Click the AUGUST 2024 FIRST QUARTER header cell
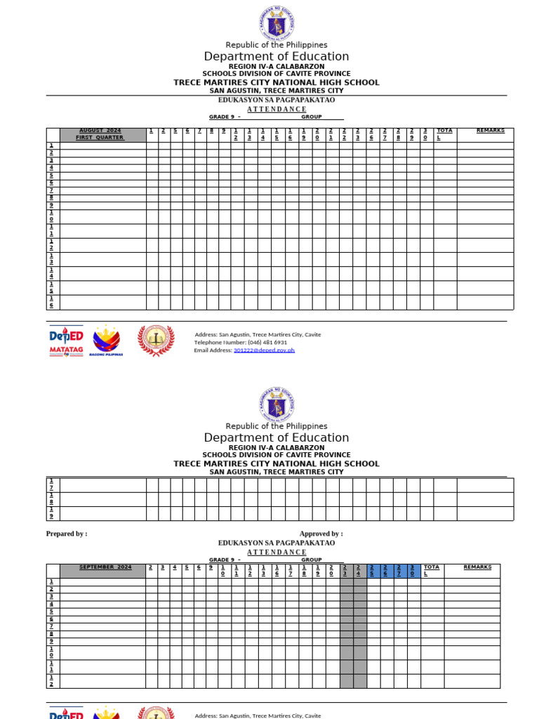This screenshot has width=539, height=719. click(x=102, y=134)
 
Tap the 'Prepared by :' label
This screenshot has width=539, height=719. click(x=67, y=534)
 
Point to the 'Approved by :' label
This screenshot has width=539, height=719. click(x=321, y=534)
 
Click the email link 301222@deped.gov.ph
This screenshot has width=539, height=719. click(x=264, y=350)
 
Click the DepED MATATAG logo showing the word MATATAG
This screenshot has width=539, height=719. click(x=67, y=341)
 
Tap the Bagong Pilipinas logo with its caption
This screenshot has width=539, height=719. click(x=107, y=341)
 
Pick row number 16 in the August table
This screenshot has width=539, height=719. click(x=51, y=302)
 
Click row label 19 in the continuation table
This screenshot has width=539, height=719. click(x=51, y=513)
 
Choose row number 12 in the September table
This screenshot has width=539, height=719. click(x=51, y=681)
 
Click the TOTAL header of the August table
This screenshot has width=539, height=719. click(x=444, y=134)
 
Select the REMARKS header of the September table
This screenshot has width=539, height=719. click(x=477, y=567)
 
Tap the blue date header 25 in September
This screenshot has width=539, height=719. click(x=373, y=570)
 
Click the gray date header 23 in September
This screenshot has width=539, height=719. click(x=345, y=570)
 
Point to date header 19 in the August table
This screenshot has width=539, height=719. click(x=304, y=134)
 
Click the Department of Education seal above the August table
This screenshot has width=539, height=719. click(x=277, y=23)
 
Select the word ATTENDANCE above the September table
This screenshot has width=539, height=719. click(x=277, y=552)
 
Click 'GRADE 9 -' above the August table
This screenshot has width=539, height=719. click(x=225, y=117)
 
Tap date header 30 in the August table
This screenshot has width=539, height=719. click(x=425, y=134)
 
